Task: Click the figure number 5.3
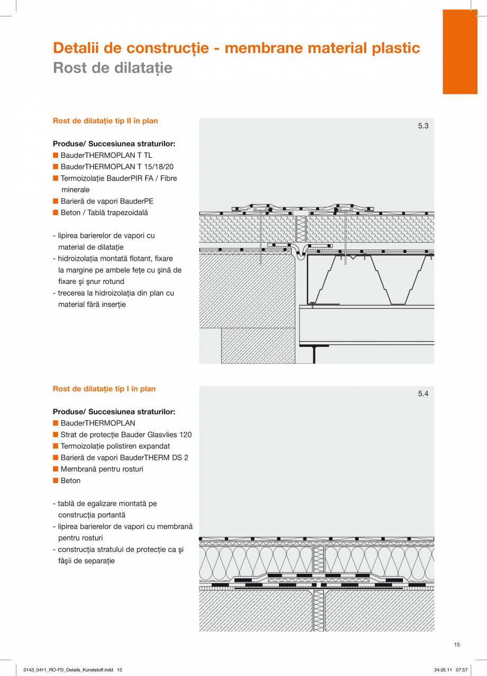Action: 423,126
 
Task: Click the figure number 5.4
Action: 423,394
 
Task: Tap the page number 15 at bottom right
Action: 457,645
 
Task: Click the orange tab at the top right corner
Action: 460,52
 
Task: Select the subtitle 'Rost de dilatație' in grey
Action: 113,68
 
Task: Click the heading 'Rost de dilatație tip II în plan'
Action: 105,121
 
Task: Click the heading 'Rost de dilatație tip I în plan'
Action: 104,389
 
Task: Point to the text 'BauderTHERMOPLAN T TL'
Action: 106,155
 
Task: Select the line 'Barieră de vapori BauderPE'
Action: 107,201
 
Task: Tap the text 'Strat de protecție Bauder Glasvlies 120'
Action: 126,434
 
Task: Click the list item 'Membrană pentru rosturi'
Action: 102,469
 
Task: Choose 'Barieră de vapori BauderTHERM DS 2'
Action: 124,458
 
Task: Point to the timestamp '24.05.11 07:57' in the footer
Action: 450,670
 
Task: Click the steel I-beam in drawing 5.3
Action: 314,352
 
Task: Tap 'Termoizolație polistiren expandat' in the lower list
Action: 115,446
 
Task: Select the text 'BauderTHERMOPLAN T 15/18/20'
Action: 117,167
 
